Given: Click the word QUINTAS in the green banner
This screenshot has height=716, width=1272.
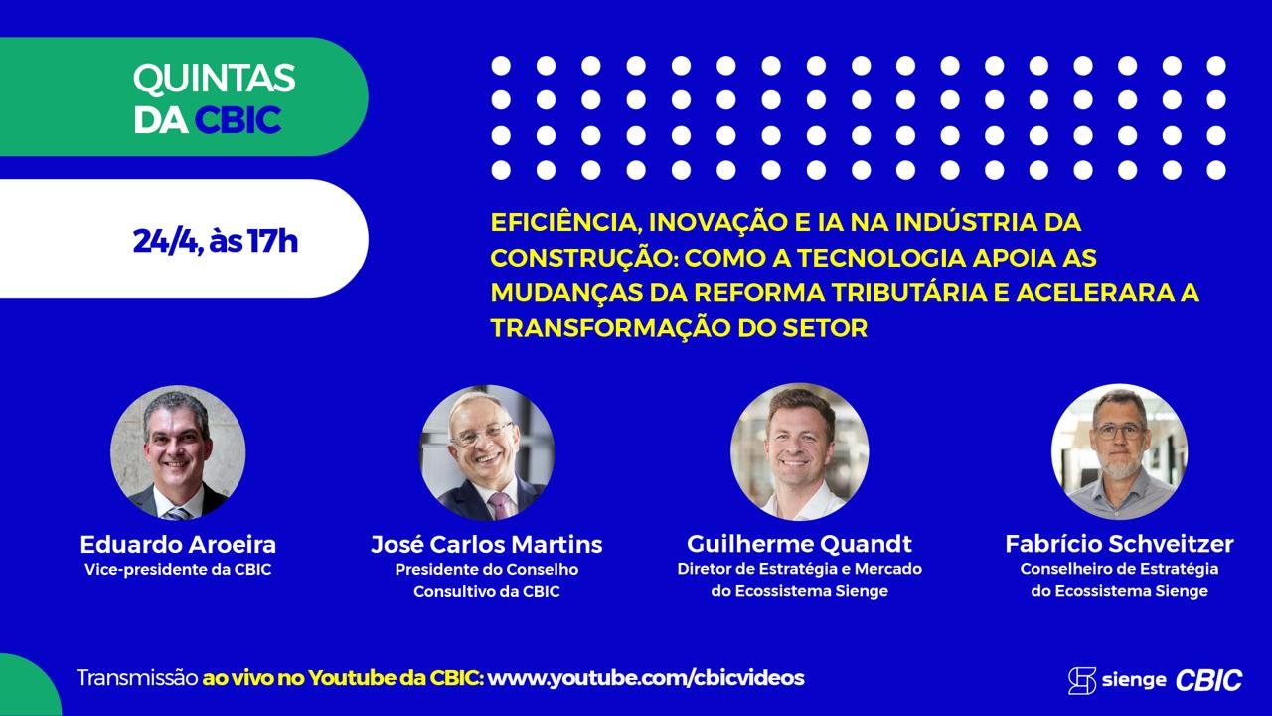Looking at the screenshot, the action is click(214, 79).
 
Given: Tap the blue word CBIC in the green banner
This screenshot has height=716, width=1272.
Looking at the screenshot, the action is click(238, 120).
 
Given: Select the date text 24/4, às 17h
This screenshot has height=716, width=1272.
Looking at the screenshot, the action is click(216, 241).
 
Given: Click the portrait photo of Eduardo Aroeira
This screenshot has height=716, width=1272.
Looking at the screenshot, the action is click(178, 452).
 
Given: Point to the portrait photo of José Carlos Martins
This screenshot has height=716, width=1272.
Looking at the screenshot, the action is click(487, 452).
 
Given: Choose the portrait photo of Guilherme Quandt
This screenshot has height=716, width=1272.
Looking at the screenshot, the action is click(800, 451).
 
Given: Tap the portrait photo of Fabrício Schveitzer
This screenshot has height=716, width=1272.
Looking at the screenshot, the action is click(1119, 451).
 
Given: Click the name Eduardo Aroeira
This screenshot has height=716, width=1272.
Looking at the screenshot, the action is click(178, 544).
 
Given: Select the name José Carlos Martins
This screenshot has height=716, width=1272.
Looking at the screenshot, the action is click(487, 544).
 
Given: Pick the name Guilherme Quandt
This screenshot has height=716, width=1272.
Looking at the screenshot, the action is click(800, 544).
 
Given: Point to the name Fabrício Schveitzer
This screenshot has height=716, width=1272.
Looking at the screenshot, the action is click(1119, 544).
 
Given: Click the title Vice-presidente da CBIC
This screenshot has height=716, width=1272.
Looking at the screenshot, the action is click(178, 570).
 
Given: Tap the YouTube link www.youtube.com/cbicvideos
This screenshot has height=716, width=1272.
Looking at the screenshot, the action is click(646, 678).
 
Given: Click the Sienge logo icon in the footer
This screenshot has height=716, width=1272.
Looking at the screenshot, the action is click(1082, 680).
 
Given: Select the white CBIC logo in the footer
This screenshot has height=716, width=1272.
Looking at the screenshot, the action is click(1208, 680).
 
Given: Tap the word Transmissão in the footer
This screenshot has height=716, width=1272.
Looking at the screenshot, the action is click(137, 678).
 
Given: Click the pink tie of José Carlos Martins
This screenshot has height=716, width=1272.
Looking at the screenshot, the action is click(500, 505).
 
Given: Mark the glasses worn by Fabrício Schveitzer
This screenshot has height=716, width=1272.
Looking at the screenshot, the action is click(1119, 432).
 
